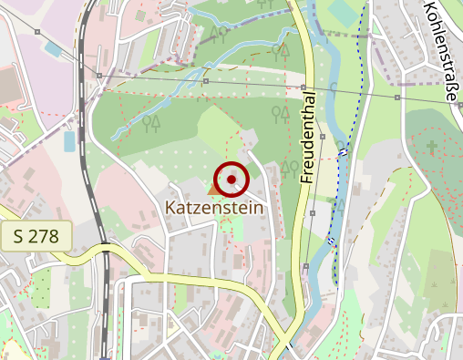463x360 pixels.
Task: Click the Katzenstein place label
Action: (214, 208)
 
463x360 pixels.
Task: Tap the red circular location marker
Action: (231, 179)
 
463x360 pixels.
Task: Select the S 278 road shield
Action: (36, 237)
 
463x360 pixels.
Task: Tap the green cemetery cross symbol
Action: (432, 146)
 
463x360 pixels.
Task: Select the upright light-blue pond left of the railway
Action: (69, 141)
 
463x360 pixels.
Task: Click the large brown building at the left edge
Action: (6, 87)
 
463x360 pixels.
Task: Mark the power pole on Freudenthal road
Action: (302, 87)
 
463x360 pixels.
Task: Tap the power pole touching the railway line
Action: (98, 75)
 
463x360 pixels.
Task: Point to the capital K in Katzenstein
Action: (170, 208)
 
